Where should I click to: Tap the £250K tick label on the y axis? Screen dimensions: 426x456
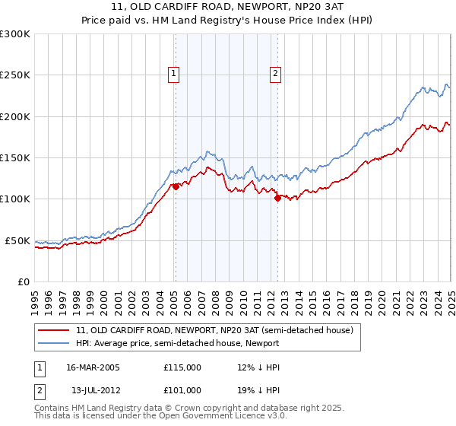coord(15,75)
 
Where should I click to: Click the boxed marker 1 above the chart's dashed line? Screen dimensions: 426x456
coord(174,74)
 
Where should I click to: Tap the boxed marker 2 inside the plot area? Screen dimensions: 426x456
coord(274,74)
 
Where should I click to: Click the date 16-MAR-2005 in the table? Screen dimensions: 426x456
coord(93,367)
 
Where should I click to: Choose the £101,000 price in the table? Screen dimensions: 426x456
coord(182,390)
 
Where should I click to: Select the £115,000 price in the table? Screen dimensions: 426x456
coord(182,367)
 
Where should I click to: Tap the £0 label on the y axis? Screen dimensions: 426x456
coord(23,281)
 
